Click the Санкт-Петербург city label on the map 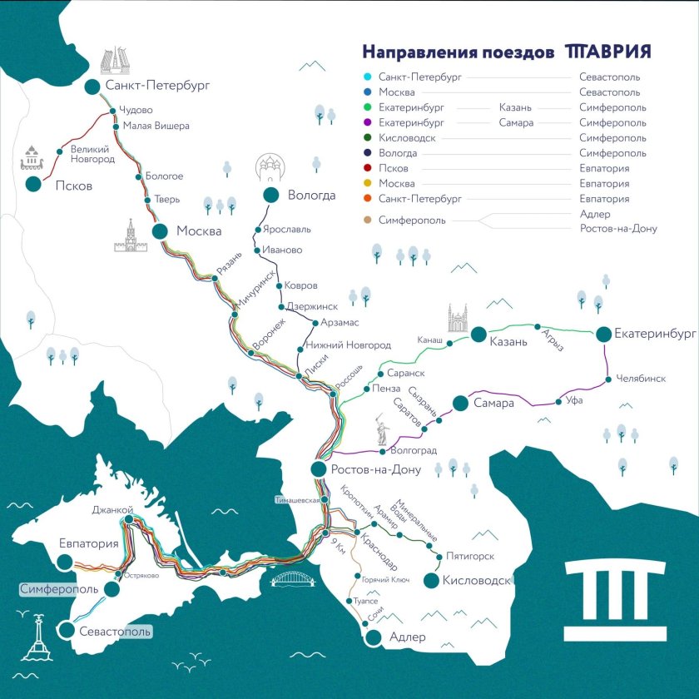click(x=156, y=85)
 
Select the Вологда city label click(x=311, y=196)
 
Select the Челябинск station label click(x=641, y=379)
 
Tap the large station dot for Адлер click(x=374, y=637)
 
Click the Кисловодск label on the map click(x=477, y=581)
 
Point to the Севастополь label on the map click(x=115, y=631)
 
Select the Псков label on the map click(x=73, y=186)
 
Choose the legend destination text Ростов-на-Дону click(x=618, y=228)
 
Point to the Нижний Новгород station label click(x=349, y=345)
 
